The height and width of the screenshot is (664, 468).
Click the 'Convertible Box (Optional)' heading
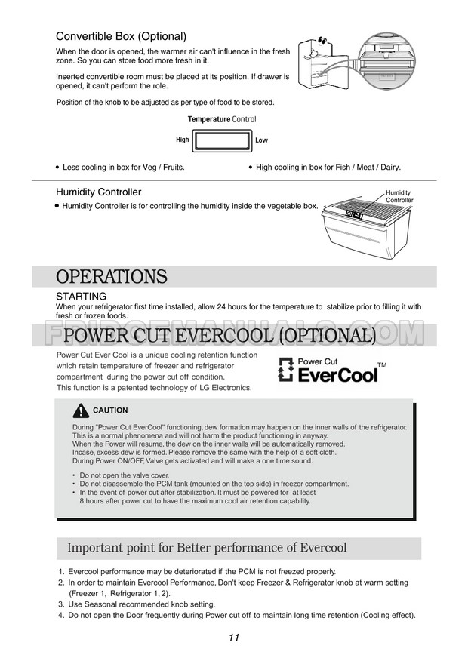point(121,35)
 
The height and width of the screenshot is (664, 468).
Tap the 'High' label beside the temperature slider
point(183,140)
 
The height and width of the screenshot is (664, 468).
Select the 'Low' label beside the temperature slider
point(261,140)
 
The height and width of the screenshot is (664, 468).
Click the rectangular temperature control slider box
point(222,140)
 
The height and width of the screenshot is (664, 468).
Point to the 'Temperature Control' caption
point(221,119)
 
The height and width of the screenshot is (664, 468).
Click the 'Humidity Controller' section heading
point(98,192)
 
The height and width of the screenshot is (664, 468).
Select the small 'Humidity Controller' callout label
point(399,197)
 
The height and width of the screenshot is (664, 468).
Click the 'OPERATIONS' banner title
point(112,276)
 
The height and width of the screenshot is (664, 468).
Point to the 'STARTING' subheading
point(82,296)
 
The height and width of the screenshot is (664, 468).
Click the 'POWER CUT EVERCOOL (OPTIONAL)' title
point(211,334)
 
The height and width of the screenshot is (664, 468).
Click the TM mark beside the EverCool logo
point(382,364)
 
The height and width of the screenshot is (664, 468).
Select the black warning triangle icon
point(81,411)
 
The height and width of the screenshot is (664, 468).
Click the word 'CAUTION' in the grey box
point(110,410)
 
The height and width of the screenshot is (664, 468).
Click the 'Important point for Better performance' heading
point(208,547)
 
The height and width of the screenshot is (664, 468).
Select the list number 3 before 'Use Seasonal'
point(61,604)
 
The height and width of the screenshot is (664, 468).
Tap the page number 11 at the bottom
point(233,638)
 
